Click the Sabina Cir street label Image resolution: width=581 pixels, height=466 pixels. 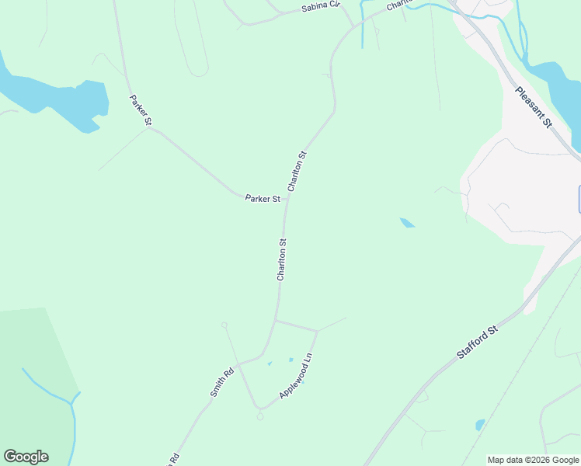(322, 9)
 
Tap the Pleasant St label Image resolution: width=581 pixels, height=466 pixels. (533, 107)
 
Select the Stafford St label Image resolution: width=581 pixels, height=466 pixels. (477, 343)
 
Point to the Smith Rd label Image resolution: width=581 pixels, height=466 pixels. (222, 383)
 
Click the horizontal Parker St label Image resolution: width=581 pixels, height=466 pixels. (263, 199)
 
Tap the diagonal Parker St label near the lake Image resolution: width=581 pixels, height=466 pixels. (141, 110)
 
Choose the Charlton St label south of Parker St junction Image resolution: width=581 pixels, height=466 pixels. (282, 259)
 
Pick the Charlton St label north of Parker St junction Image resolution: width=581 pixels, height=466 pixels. (297, 171)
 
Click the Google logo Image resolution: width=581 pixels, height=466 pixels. (26, 457)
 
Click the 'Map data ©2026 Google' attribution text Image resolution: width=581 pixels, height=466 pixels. (533, 460)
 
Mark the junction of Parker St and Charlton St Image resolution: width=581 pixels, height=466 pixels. (287, 198)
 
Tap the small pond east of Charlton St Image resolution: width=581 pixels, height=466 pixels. (407, 224)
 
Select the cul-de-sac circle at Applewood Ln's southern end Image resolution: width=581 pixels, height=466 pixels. (259, 416)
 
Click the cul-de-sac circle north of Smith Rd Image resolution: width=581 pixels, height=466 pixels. (224, 325)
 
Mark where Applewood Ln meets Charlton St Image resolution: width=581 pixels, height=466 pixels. (276, 319)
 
